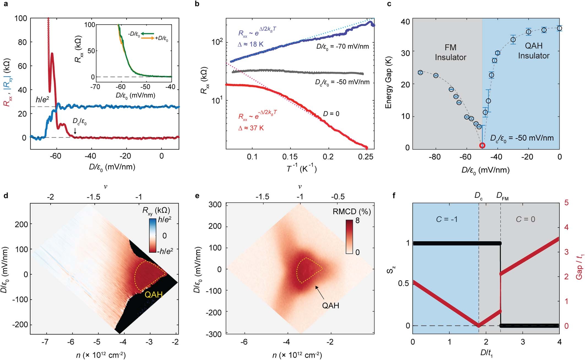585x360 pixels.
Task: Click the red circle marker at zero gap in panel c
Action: pyautogui.click(x=482, y=145)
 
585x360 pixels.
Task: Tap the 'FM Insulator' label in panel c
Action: pyautogui.click(x=450, y=52)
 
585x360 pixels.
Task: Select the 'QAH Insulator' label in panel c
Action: pyautogui.click(x=534, y=51)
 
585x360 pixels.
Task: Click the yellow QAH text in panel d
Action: pyautogui.click(x=154, y=294)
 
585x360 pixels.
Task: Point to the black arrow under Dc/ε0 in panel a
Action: pyautogui.click(x=75, y=132)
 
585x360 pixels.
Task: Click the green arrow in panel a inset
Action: pyautogui.click(x=148, y=33)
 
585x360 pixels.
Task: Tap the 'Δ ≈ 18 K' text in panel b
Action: pyautogui.click(x=250, y=44)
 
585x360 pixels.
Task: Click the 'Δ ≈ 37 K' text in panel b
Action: pyautogui.click(x=251, y=128)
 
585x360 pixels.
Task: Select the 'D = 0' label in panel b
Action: pyautogui.click(x=331, y=113)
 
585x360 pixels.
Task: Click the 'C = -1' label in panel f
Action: pyautogui.click(x=447, y=219)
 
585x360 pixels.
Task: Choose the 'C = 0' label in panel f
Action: pyautogui.click(x=525, y=219)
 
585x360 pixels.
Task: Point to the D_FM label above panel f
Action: pyautogui.click(x=502, y=196)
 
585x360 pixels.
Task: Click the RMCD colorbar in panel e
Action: pyautogui.click(x=349, y=237)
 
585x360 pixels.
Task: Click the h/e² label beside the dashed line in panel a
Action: pyautogui.click(x=42, y=100)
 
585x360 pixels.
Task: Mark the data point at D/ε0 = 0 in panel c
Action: pyautogui.click(x=559, y=28)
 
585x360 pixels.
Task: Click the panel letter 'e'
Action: pyautogui.click(x=197, y=196)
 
